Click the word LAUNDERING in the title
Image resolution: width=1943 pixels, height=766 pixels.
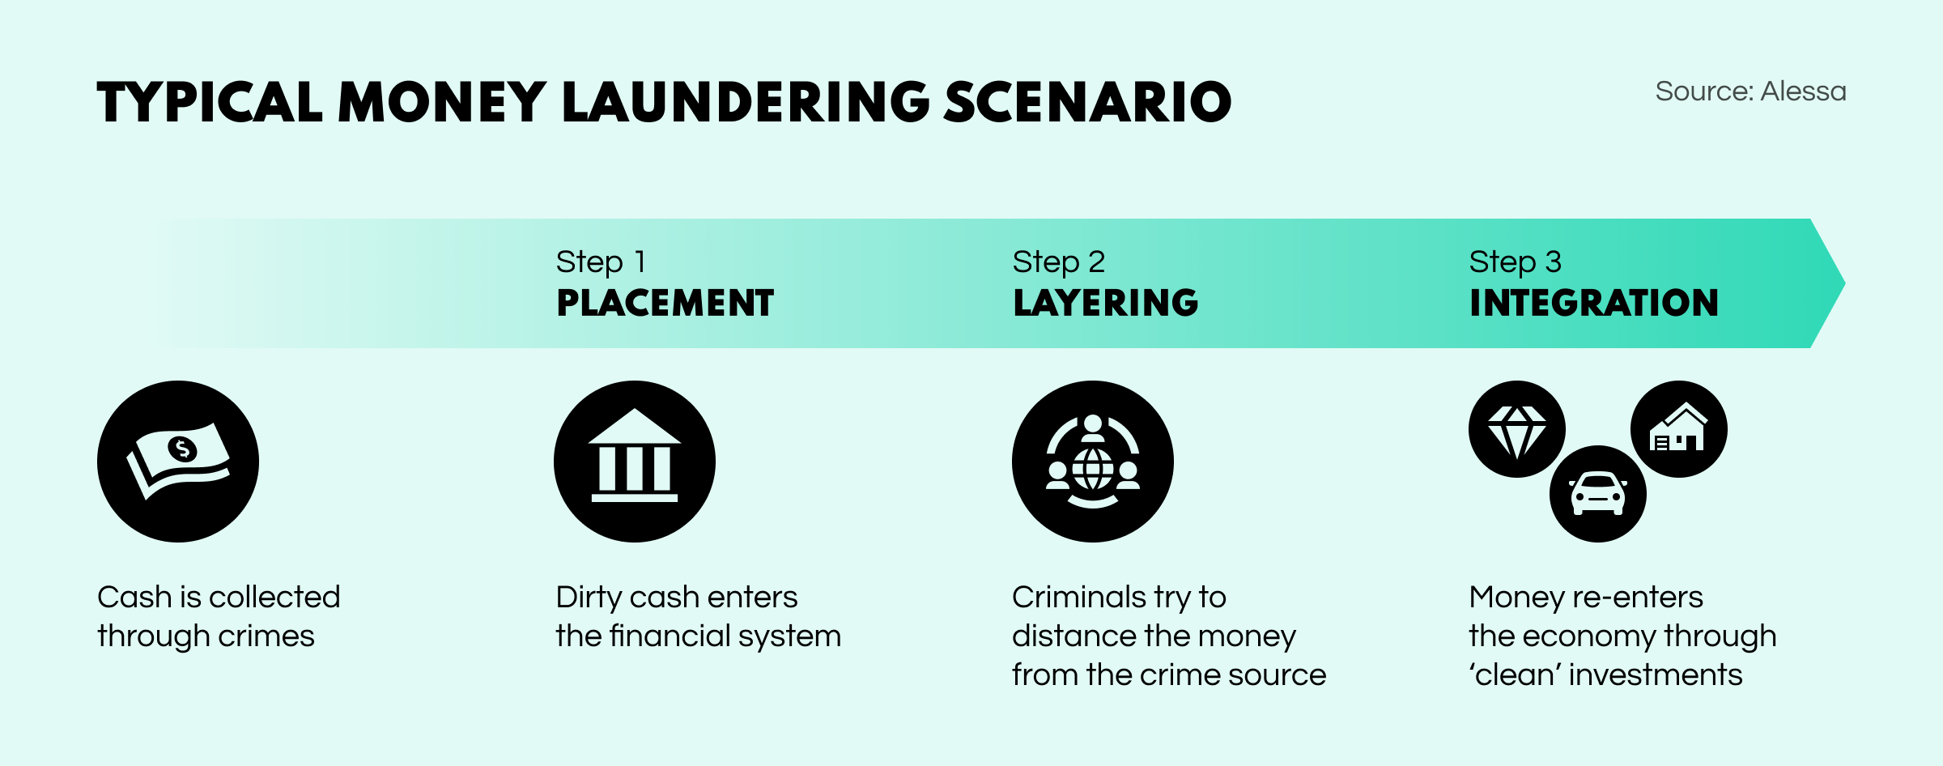pos(746,103)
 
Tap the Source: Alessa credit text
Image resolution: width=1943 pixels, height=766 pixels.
pos(1750,91)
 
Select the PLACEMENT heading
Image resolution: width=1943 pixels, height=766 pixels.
pos(665,303)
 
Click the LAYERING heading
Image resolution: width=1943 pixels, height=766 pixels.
pos(1105,303)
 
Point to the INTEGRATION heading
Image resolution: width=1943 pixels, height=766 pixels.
pos(1593,303)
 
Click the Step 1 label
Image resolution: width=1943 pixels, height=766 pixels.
pos(601,262)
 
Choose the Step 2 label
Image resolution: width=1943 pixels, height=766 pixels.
pos(1058,262)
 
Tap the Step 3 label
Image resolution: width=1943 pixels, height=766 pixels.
pos(1515,262)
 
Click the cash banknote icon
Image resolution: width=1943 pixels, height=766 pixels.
pos(178,462)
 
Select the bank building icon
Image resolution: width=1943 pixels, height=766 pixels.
pos(635,462)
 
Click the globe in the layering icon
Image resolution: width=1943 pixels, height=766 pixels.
pos(1093,469)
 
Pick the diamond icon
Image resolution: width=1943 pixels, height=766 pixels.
pos(1517,430)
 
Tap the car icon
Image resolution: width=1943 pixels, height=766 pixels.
pos(1598,494)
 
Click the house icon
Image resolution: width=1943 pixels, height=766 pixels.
pos(1679,428)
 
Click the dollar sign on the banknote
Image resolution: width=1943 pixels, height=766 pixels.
pos(182,448)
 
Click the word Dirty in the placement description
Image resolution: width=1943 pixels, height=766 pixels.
pos(589,598)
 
